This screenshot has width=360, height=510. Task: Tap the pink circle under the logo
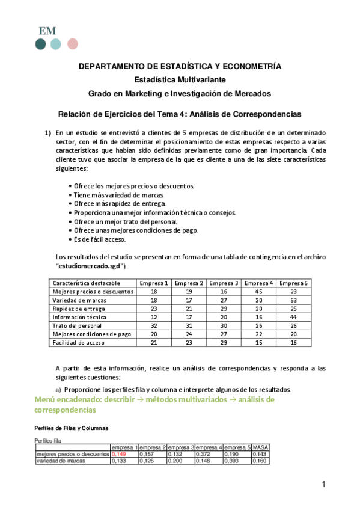73,44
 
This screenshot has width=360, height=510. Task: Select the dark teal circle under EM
41,44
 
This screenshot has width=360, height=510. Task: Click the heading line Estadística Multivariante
180,79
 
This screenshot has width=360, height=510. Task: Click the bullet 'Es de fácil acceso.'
99,239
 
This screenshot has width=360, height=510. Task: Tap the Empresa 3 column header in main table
224,283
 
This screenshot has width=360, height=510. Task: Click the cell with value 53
294,300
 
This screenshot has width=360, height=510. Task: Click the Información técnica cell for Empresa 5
294,316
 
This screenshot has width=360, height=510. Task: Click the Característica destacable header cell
87,283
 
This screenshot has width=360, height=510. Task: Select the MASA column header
260,447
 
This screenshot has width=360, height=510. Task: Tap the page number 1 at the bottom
323,484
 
